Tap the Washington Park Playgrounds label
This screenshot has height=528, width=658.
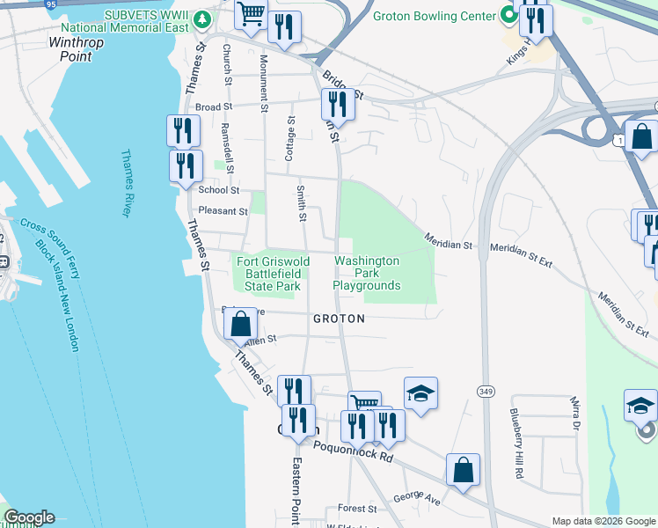367,274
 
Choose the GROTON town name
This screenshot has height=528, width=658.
339,319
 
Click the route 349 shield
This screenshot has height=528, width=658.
486,391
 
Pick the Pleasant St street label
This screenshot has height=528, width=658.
223,211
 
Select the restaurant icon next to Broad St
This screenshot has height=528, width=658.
338,104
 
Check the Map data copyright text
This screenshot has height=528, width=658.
603,521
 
